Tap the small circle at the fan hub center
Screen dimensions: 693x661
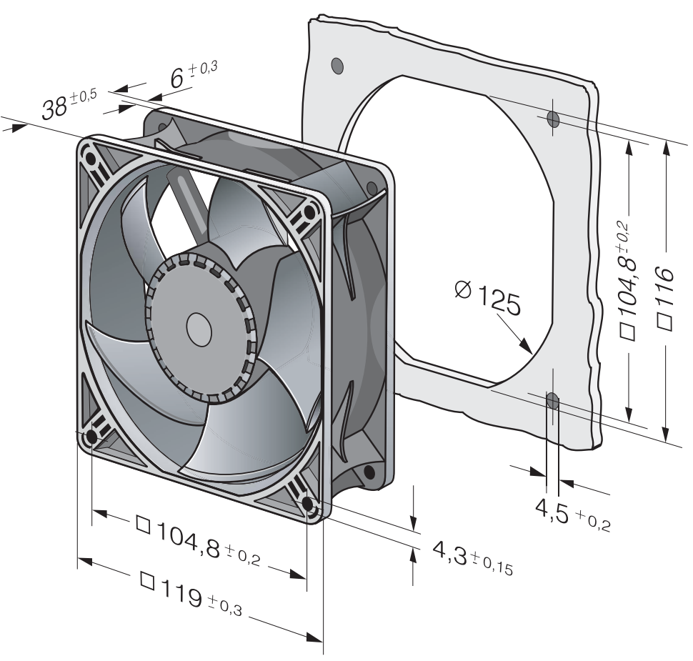pos(199,330)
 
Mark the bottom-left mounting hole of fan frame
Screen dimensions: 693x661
pos(91,437)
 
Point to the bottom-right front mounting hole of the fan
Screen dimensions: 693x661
pos(308,504)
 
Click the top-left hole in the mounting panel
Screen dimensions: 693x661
pos(337,66)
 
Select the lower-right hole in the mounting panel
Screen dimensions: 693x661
pos(552,401)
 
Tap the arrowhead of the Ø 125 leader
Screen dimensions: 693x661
pos(526,345)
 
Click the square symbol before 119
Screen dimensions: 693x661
pos(147,580)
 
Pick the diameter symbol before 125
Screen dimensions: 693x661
pos(463,290)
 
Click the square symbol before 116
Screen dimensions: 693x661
pos(665,322)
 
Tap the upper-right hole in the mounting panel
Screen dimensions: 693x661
pos(553,119)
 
